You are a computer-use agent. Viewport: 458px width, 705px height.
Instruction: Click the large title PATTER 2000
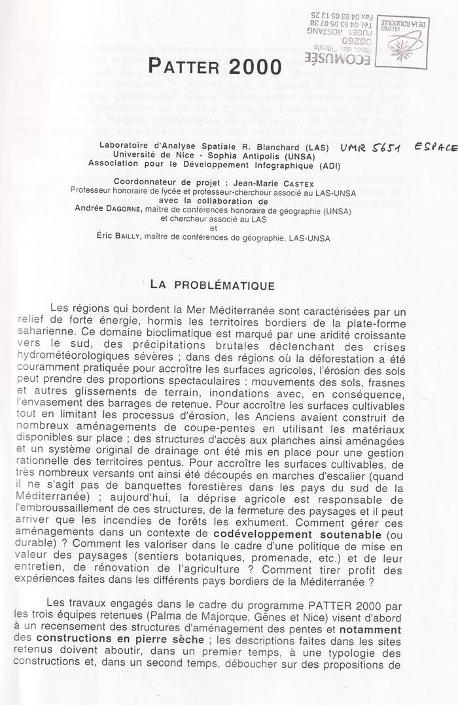coord(214,66)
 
